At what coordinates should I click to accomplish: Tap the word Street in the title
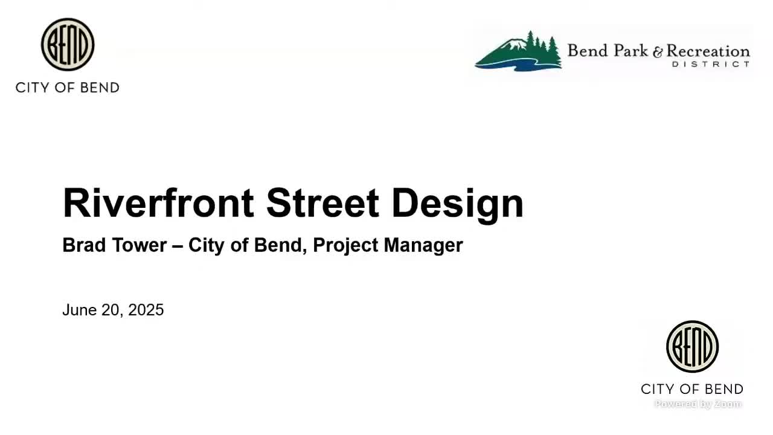[322, 203]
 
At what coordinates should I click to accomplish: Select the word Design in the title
[457, 204]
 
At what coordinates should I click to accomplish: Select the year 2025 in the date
[146, 310]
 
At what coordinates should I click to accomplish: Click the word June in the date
[79, 310]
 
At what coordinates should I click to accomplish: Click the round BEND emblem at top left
[68, 44]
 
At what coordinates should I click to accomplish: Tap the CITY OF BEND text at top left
[68, 88]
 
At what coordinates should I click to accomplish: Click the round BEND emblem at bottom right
[692, 347]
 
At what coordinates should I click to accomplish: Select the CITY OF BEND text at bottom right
[692, 388]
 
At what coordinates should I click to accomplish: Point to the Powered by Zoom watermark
[698, 404]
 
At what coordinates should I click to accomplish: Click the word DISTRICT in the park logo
[710, 64]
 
